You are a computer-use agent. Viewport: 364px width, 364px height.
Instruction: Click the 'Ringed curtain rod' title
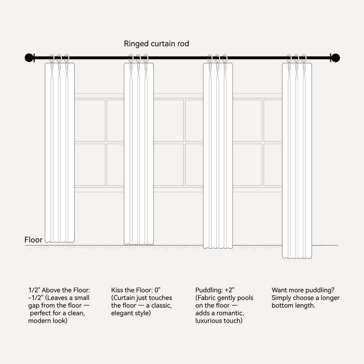pos(156,44)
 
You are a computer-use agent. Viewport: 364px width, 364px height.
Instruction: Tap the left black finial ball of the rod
pos(29,58)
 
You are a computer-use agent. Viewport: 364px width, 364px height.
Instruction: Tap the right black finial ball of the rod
pos(336,58)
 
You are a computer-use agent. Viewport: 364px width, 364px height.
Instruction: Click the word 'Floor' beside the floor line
pos(33,240)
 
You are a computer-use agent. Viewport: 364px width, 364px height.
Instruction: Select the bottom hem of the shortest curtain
pos(60,242)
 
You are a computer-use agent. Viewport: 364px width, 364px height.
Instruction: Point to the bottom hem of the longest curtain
pos(297,258)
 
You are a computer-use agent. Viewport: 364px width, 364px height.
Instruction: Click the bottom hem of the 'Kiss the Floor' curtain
pos(139,244)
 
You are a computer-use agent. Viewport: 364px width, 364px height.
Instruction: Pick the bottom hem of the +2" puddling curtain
pos(218,248)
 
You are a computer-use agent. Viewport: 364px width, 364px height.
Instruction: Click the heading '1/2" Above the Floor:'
pos(59,290)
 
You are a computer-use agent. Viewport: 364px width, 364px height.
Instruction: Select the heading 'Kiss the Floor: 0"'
pos(136,290)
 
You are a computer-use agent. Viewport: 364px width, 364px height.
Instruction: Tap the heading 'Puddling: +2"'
pos(215,290)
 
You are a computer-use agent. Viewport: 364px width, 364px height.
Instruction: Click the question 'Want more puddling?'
pos(303,290)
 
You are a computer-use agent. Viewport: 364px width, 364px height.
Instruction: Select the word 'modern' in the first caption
pos(39,321)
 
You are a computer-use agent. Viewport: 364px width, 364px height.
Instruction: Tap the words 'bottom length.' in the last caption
pos(293,305)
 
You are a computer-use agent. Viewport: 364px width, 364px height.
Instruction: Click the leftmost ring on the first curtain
pos(52,58)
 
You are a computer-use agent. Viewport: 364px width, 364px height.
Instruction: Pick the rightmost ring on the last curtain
pos(304,58)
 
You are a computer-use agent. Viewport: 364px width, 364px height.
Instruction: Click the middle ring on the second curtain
pos(138,58)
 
